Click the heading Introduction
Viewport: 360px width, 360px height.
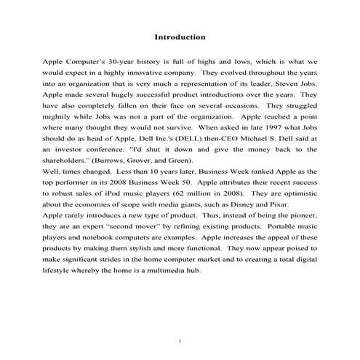pyautogui.click(x=180, y=37)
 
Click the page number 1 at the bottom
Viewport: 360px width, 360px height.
pyautogui.click(x=180, y=339)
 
